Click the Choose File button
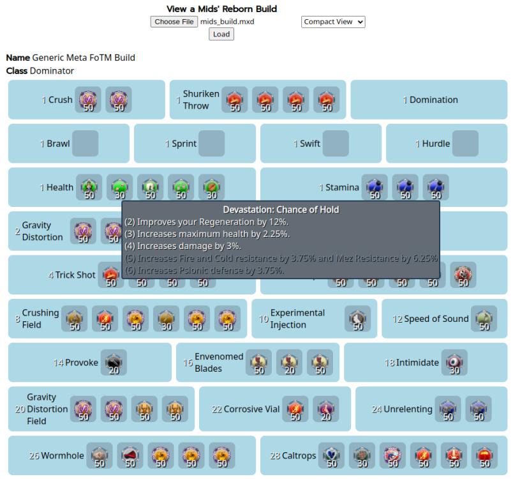click(x=174, y=22)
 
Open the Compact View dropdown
click(x=333, y=22)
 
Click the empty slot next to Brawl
click(x=85, y=144)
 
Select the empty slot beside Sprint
click(x=211, y=144)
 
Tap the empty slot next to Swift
click(x=336, y=144)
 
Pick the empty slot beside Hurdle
click(x=465, y=144)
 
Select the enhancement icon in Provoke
click(x=114, y=363)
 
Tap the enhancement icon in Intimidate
click(x=454, y=363)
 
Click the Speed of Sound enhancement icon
click(x=484, y=319)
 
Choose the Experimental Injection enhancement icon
click(x=357, y=319)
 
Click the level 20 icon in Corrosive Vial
click(x=326, y=409)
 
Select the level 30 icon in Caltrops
click(x=362, y=456)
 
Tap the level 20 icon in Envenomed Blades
click(x=289, y=363)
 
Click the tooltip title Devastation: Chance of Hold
click(x=281, y=209)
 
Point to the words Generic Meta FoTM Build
click(x=84, y=57)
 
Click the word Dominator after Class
click(x=52, y=71)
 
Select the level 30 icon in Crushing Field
click(x=167, y=319)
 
